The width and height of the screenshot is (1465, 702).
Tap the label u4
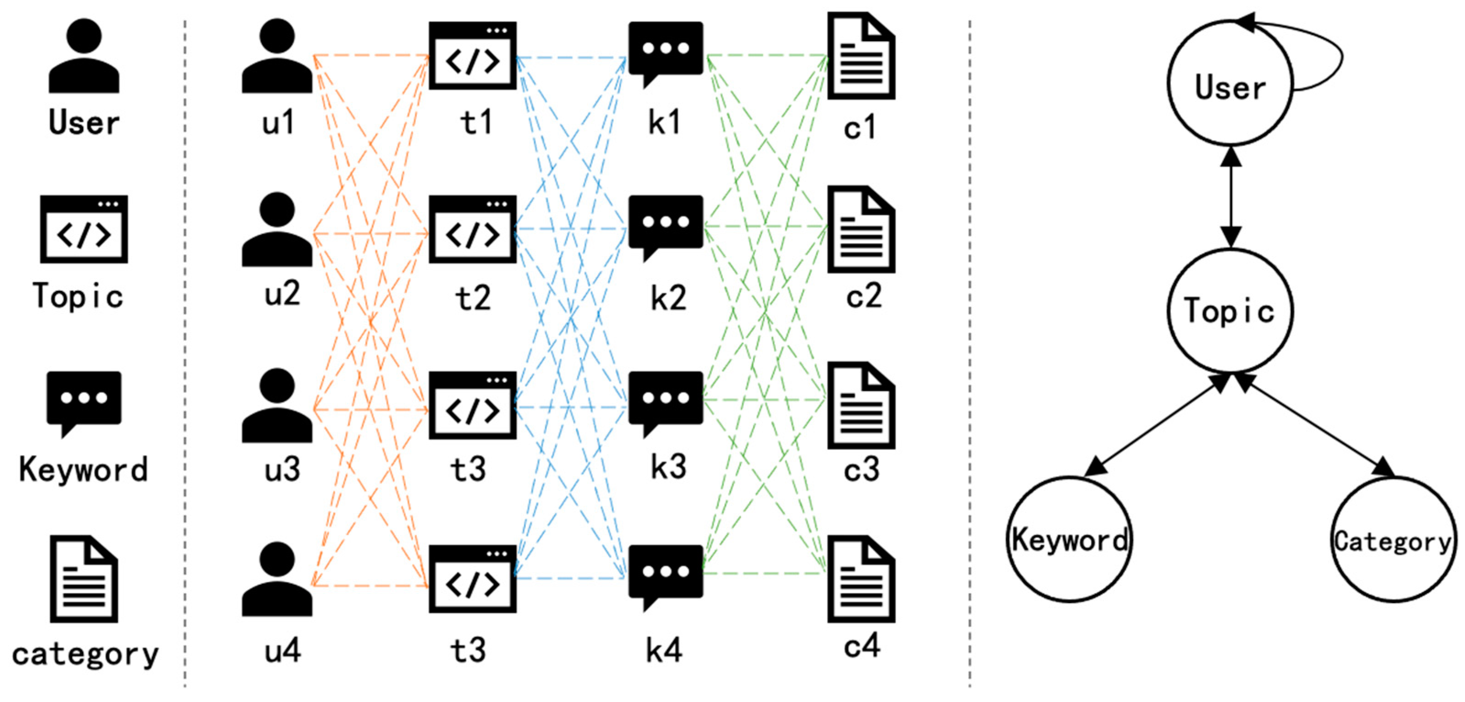click(283, 650)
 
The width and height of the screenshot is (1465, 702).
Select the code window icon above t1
click(472, 56)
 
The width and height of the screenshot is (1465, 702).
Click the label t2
click(473, 297)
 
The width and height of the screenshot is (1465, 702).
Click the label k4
click(664, 650)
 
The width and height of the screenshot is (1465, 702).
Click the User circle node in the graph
click(1230, 83)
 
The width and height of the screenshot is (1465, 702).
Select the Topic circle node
click(1230, 311)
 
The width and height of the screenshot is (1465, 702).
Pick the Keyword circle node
click(1069, 539)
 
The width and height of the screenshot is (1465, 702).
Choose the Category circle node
click(1392, 539)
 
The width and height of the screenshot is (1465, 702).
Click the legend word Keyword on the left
click(83, 469)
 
